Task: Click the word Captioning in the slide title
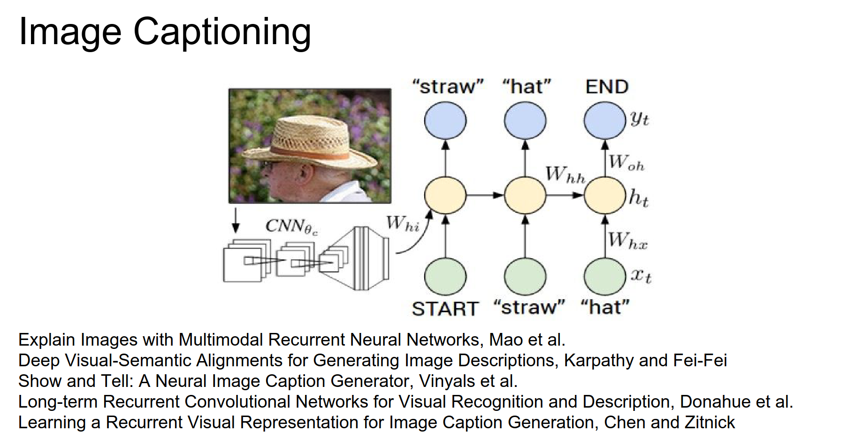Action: pyautogui.click(x=222, y=32)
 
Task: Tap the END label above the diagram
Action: pyautogui.click(x=606, y=87)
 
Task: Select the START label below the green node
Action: pyautogui.click(x=445, y=309)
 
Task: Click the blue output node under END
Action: pyautogui.click(x=604, y=121)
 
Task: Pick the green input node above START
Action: pyautogui.click(x=445, y=276)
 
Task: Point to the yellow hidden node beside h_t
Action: pyautogui.click(x=604, y=195)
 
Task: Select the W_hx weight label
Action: pyautogui.click(x=627, y=240)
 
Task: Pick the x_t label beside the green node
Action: pyautogui.click(x=641, y=275)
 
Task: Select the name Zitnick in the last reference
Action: pyautogui.click(x=710, y=423)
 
